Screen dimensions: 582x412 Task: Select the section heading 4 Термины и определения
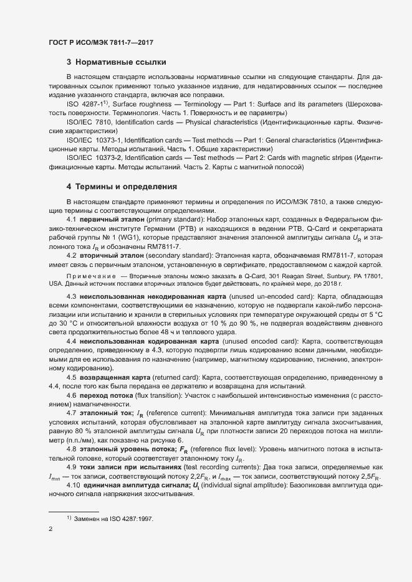(122, 187)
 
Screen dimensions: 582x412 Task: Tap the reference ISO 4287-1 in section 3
(85, 103)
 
